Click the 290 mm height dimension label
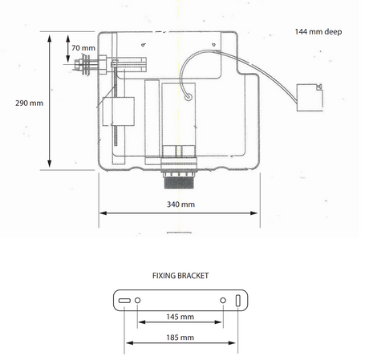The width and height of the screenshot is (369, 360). coord(29,103)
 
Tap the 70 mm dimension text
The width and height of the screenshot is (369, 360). coord(83,48)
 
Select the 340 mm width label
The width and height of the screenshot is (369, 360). coord(180,204)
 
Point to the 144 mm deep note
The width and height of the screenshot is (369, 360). coord(318,32)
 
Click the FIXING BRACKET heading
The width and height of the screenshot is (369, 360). coord(180,276)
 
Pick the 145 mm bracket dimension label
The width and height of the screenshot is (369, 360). coord(180,317)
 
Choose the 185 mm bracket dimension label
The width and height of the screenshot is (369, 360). coord(180,338)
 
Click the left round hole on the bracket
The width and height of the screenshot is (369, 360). coord(137,301)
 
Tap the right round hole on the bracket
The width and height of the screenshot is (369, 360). coord(223,301)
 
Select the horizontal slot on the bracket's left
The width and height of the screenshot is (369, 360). coord(124,301)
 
